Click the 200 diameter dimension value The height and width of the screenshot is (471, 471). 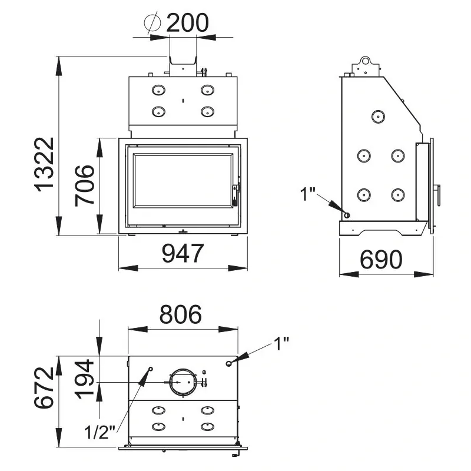click(x=187, y=22)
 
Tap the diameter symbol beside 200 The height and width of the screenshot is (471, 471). click(x=152, y=22)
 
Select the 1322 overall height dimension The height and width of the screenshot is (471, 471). click(x=45, y=164)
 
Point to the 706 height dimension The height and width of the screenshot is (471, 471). click(x=85, y=185)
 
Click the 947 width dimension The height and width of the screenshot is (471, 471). click(x=183, y=253)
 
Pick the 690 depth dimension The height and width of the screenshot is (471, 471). click(x=381, y=260)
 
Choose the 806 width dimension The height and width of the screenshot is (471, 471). click(x=181, y=314)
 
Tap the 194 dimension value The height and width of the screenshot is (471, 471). click(x=85, y=379)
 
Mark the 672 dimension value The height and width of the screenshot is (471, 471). click(x=44, y=387)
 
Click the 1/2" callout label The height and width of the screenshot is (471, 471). click(x=99, y=432)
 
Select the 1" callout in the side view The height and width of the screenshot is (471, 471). click(x=307, y=194)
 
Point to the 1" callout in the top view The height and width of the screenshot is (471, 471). click(x=281, y=344)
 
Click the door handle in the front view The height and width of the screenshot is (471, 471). click(x=235, y=195)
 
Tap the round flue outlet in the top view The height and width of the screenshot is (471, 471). click(x=183, y=382)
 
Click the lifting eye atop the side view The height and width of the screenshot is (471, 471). click(x=365, y=61)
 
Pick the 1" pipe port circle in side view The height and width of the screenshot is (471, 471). click(x=347, y=215)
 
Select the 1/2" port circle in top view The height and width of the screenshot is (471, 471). click(x=151, y=369)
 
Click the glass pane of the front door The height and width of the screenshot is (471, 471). click(x=183, y=180)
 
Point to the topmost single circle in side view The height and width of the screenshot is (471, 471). click(x=378, y=117)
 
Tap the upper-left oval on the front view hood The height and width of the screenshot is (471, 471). click(x=158, y=90)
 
